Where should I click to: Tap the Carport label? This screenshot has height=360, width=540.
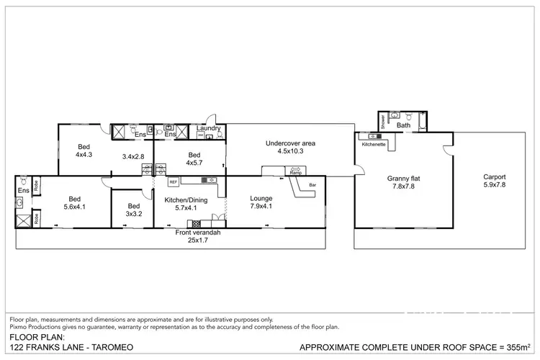point(494,176)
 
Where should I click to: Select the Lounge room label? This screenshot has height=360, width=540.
point(261,198)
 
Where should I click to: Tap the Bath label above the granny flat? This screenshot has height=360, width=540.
point(403,125)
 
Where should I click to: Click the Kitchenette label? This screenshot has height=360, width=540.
point(374,143)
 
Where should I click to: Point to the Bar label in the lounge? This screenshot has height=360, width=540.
point(312,185)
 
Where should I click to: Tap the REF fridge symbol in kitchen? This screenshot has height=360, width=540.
point(174,181)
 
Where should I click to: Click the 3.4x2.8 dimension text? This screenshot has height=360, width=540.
point(133,156)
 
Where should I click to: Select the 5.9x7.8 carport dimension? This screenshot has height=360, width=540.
point(494,185)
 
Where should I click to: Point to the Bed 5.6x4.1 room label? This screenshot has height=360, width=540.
point(74,202)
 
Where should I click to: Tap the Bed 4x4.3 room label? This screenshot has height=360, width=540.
point(85,149)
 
